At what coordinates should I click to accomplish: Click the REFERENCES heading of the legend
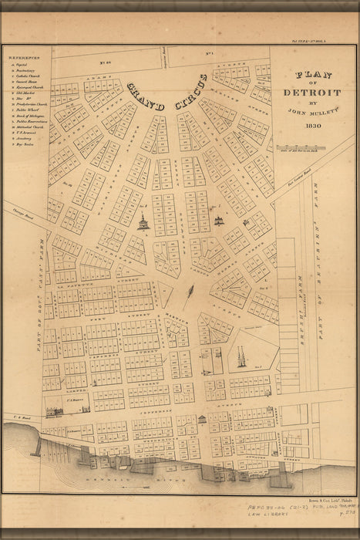pyautogui.click(x=25, y=57)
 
